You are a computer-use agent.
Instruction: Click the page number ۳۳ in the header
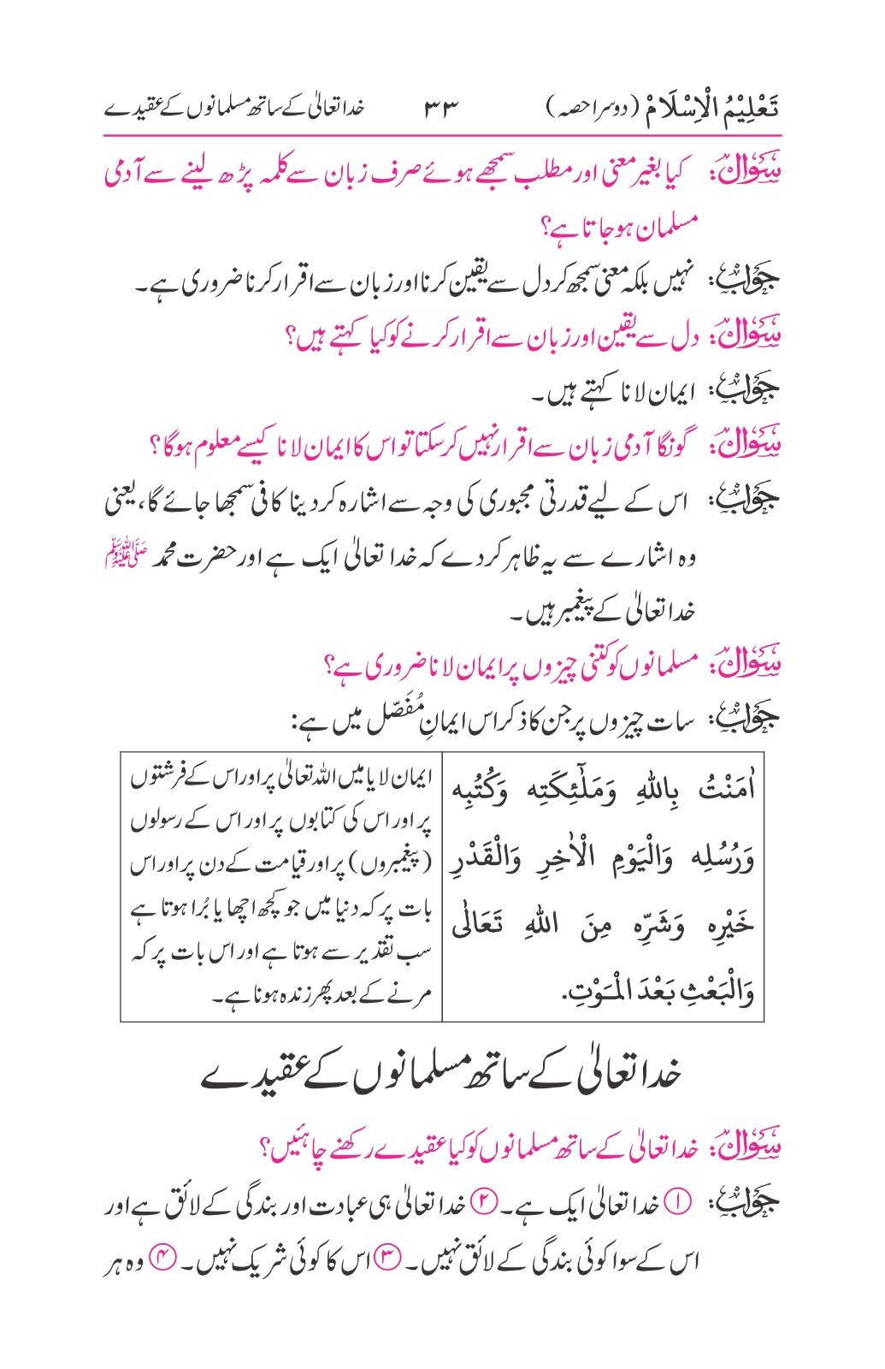tap(441, 110)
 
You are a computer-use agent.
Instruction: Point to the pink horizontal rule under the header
tap(442, 135)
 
